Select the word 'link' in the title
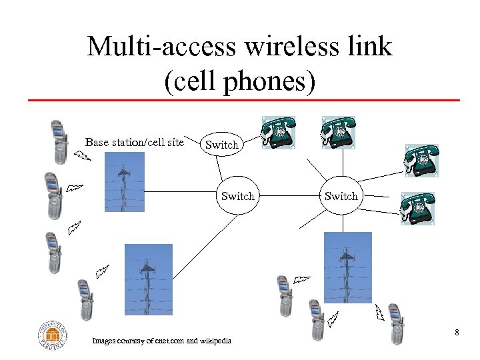point(370,46)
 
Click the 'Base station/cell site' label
point(134,142)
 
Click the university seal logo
point(53,335)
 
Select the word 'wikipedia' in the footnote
point(216,341)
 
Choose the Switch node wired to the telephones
point(341,196)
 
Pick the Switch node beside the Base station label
point(221,144)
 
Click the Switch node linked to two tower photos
point(237,196)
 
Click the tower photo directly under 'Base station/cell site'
point(124,181)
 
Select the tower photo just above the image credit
point(148,279)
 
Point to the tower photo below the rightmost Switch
point(347,267)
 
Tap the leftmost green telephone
point(277,133)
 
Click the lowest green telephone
point(417,209)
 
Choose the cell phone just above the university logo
point(84,299)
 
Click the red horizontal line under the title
point(243,101)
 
